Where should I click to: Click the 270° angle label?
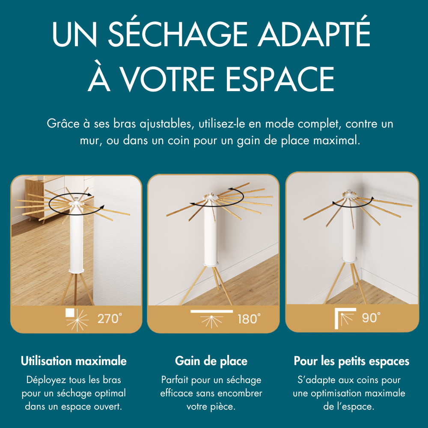110,319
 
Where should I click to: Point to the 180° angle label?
249,319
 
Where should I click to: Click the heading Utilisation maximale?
74,361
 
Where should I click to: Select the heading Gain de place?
211,361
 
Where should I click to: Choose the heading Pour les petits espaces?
351,361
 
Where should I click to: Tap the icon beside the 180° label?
211,318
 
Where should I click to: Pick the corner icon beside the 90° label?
344,318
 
